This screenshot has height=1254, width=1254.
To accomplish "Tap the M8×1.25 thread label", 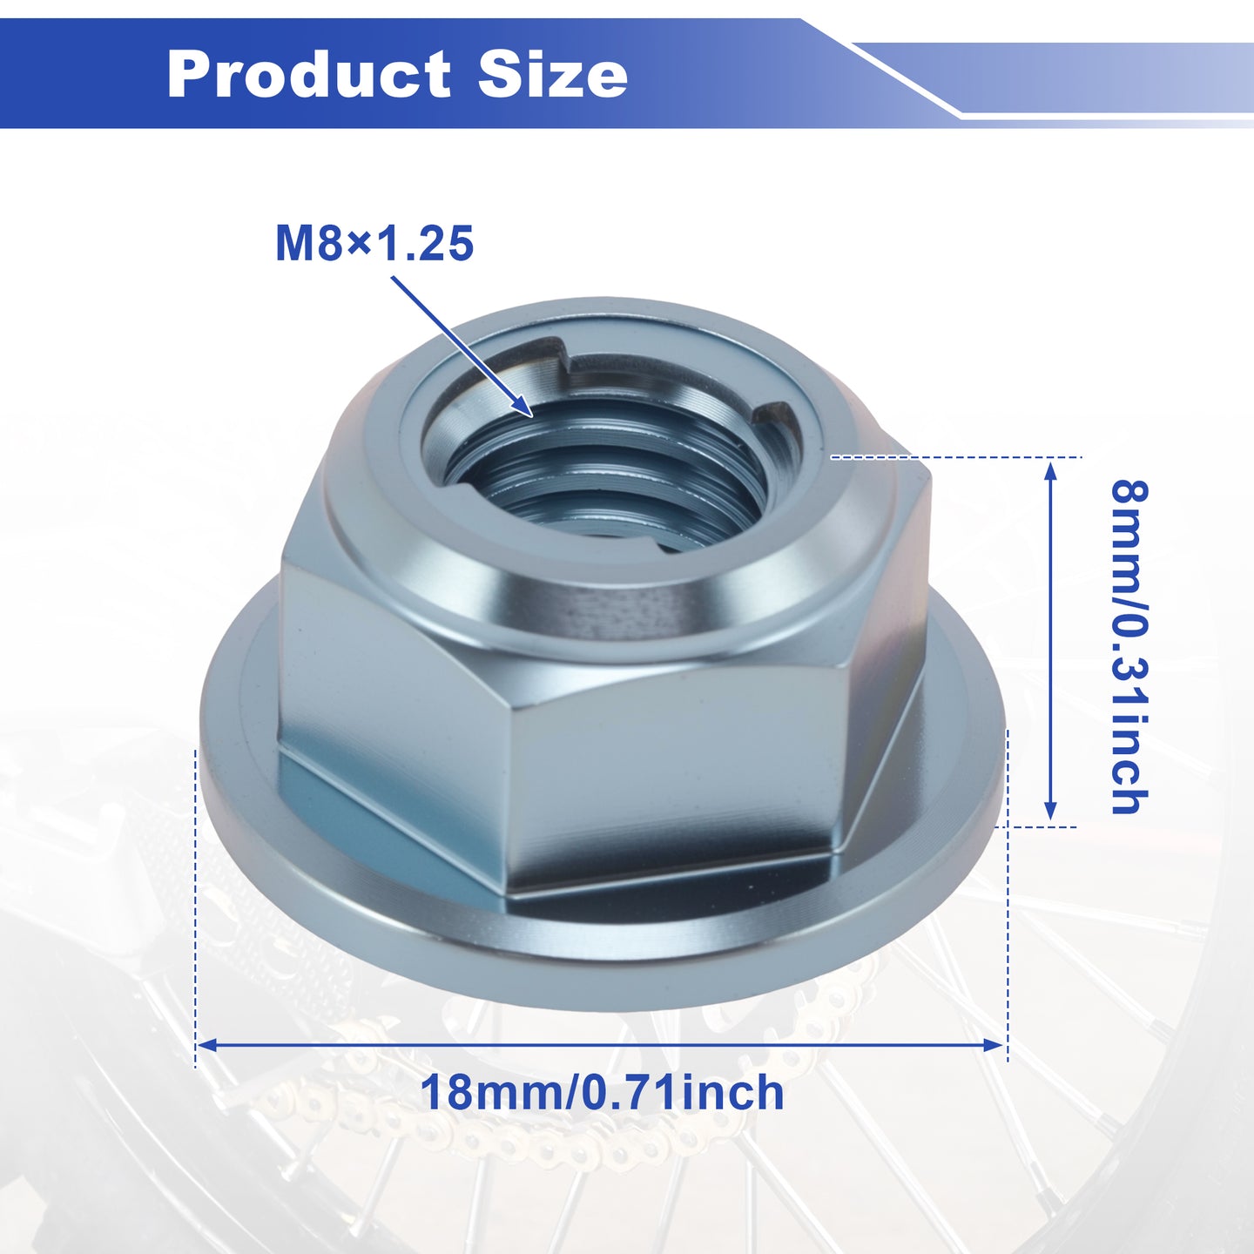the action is [x=374, y=244].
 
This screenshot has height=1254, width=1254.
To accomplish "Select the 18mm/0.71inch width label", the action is [x=602, y=1092].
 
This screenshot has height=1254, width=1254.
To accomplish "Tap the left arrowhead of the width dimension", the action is [x=207, y=1045].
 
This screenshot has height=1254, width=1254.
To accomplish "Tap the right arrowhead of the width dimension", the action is [x=994, y=1045].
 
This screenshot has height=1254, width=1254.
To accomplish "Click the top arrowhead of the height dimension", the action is [x=1049, y=473].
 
